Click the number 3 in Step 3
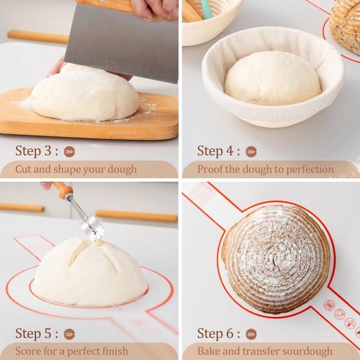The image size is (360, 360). [x=48, y=151]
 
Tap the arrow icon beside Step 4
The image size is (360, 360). [x=251, y=152]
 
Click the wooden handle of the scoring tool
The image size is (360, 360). [x=63, y=190]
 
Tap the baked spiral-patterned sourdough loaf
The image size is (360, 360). [x=275, y=259]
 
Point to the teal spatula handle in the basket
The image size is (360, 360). [x=206, y=9]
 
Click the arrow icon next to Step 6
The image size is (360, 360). [x=251, y=334]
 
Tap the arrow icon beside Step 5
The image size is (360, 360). [x=69, y=334]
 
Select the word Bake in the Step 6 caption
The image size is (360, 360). [x=209, y=351]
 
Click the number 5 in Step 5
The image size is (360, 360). [x=48, y=333]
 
